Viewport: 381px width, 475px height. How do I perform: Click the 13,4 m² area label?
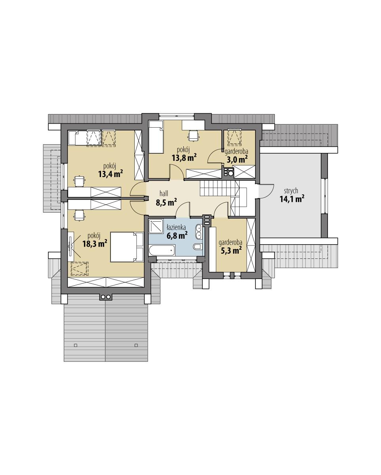pos(110,173)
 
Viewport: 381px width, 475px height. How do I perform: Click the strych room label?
pos(291,191)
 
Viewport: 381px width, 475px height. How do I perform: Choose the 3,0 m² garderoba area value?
pos(236,159)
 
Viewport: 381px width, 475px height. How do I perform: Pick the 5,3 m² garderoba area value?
pos(231,251)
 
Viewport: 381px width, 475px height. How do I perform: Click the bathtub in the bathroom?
pos(161,250)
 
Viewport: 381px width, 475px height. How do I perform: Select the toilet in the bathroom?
pos(197,247)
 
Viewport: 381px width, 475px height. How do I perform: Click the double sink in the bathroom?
pos(198,232)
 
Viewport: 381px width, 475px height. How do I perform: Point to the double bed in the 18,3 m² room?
pos(126,247)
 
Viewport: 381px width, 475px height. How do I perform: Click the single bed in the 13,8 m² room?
pos(156,137)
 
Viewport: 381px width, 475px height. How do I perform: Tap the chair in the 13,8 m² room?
pos(193,136)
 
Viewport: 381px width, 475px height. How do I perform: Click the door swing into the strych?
pos(266,191)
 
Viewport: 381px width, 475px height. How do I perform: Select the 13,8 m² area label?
pos(184,158)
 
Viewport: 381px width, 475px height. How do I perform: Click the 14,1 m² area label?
pos(292,199)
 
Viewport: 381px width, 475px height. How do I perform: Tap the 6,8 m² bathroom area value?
pos(177,236)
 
